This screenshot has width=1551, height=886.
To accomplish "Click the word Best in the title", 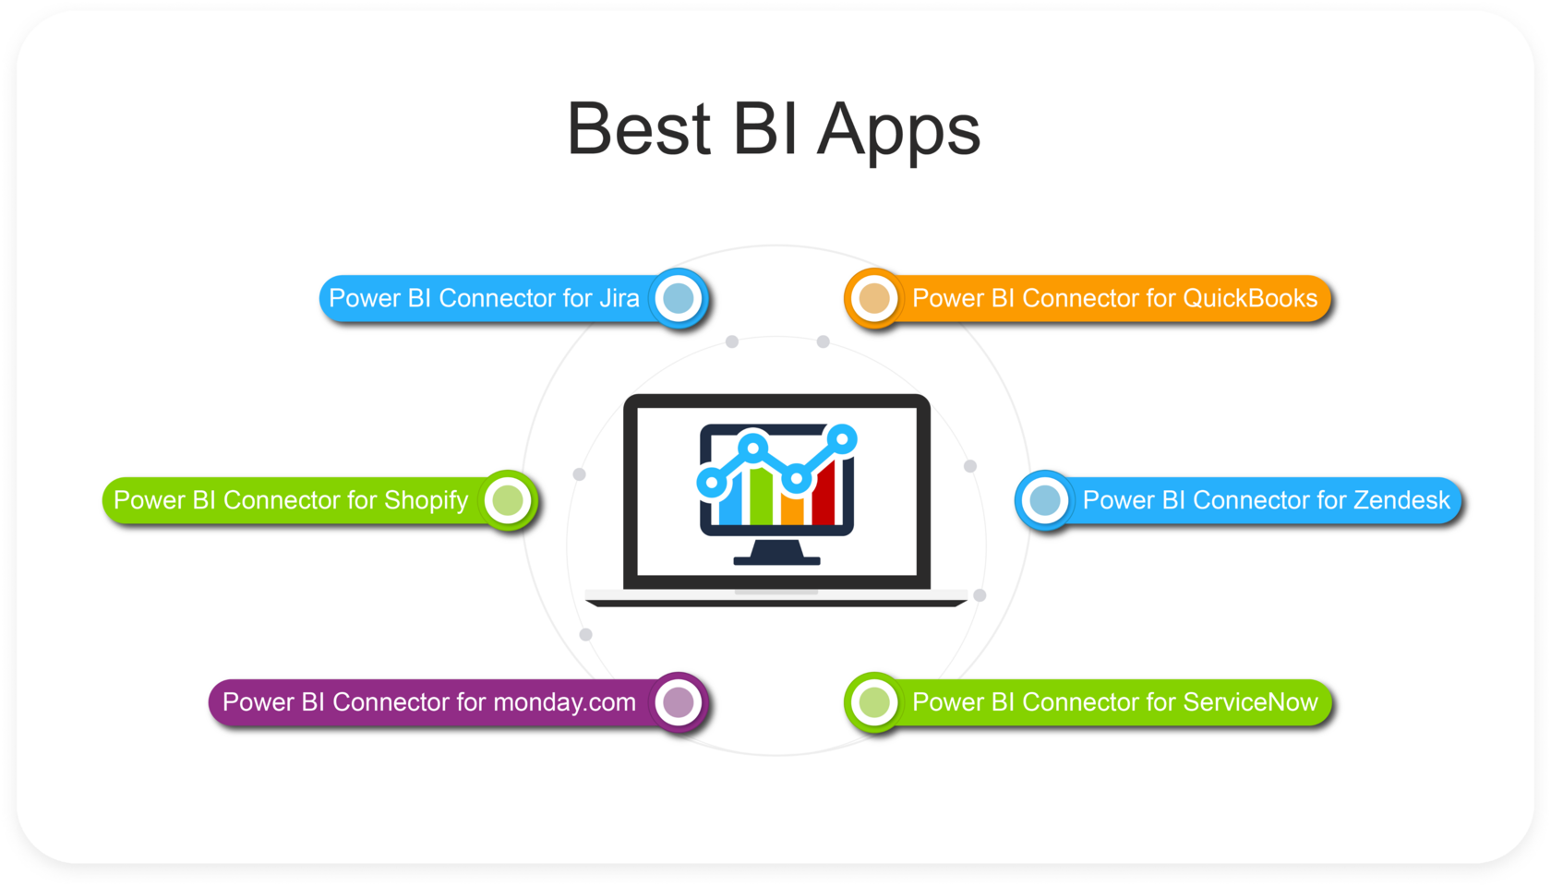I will (x=638, y=129).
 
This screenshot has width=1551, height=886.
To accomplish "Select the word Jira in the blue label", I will (x=619, y=298).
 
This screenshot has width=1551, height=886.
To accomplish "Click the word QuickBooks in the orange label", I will (x=1250, y=298).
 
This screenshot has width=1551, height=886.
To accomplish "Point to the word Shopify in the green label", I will (x=427, y=500).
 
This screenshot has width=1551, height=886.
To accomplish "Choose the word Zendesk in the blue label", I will (x=1401, y=500).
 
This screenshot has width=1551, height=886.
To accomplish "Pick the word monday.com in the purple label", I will (x=564, y=702).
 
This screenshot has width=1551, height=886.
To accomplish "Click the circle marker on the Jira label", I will (x=679, y=298).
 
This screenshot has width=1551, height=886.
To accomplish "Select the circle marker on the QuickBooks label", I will (x=874, y=298).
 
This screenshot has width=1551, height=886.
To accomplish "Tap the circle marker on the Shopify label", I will (x=508, y=500).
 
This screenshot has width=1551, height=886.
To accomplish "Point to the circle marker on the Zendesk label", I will (x=1045, y=500).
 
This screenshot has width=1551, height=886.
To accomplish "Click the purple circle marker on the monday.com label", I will (x=679, y=702).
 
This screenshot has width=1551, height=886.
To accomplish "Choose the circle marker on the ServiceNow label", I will (x=874, y=702).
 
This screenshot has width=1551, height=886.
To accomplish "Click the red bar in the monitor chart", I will (x=824, y=494).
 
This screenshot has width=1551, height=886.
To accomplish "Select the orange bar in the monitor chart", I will (x=792, y=508).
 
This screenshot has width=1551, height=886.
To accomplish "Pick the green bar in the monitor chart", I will (x=761, y=494).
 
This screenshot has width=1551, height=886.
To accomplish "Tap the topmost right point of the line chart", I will (x=842, y=438).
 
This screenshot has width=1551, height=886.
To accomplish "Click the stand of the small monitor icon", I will (x=776, y=552).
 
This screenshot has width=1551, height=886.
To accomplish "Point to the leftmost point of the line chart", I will (x=711, y=481).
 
